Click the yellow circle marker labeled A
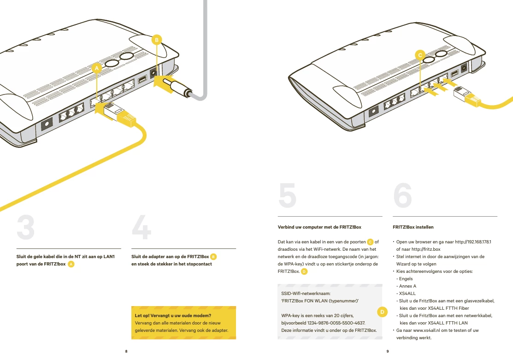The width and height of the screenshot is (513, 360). click(x=96, y=68)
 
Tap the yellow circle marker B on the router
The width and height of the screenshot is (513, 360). click(x=157, y=40)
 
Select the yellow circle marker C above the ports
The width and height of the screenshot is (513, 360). click(x=420, y=55)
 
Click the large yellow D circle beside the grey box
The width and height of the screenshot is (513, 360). click(x=382, y=312)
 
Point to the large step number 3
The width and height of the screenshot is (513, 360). click(x=25, y=227)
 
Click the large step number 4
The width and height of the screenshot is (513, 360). click(x=142, y=227)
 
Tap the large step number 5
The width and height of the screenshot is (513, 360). click(x=287, y=195)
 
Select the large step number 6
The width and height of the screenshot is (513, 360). click(x=402, y=195)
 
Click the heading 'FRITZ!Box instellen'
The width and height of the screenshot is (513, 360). click(x=413, y=227)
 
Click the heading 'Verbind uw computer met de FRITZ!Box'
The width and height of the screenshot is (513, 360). click(x=319, y=227)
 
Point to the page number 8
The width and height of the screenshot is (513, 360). click(x=126, y=351)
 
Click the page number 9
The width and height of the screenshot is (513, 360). click(x=388, y=351)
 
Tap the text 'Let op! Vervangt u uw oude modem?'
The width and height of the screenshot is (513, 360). click(x=173, y=315)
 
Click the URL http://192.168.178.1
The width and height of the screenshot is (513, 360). click(x=473, y=242)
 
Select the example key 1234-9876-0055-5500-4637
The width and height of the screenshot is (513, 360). click(x=336, y=323)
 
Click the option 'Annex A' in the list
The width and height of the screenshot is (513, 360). click(x=407, y=286)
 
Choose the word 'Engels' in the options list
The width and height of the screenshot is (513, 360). click(x=406, y=279)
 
